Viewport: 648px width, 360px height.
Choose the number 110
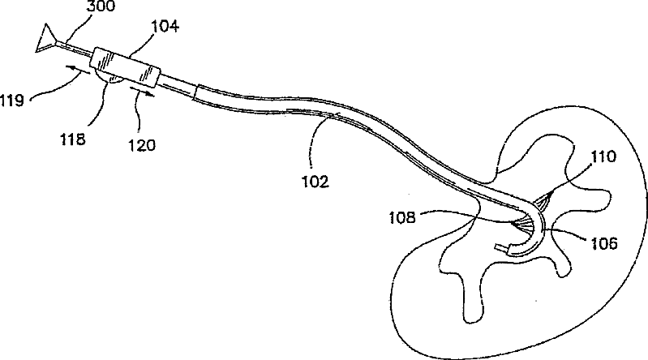click(604, 157)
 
